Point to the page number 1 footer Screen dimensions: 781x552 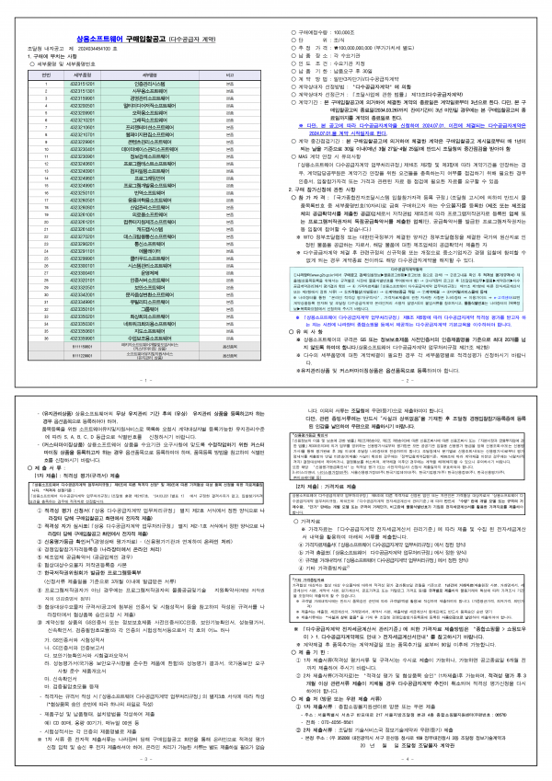coord(138,378)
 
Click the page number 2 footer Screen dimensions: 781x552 coord(414,378)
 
